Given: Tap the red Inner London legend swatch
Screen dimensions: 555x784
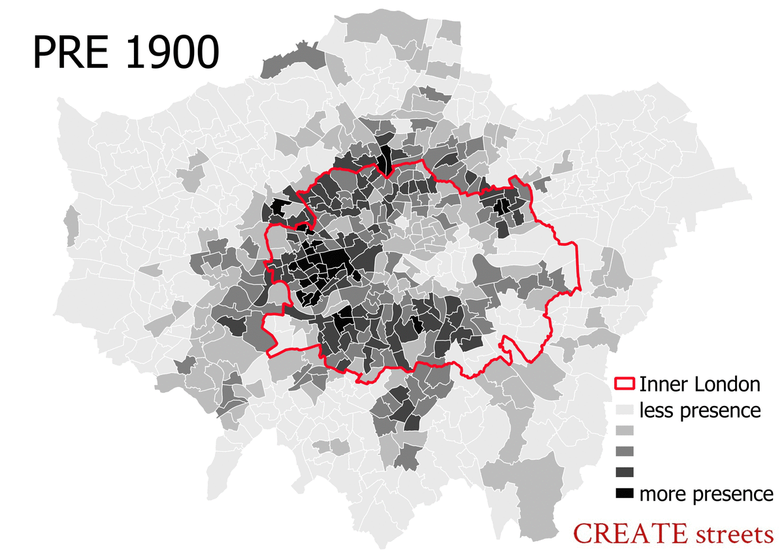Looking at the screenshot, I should [x=625, y=384].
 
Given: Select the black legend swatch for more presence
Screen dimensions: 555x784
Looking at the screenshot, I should [x=625, y=493].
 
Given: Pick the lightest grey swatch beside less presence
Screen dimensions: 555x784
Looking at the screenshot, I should [x=625, y=411].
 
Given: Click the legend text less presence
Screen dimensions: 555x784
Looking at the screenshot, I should [x=700, y=411].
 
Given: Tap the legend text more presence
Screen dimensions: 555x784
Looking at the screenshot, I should [x=706, y=493].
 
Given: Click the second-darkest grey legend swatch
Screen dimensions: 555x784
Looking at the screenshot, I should [x=625, y=471].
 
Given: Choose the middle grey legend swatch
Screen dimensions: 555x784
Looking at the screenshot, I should [x=625, y=451].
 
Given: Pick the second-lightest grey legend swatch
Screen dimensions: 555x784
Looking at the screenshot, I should [x=625, y=431].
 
